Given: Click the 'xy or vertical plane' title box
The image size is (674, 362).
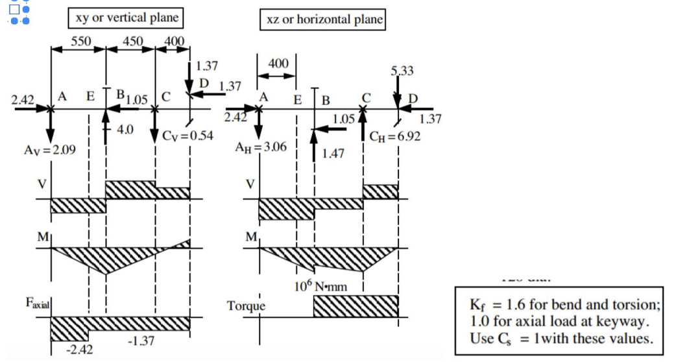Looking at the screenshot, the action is click(x=125, y=18).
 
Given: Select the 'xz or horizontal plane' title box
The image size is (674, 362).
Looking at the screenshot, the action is click(x=323, y=19).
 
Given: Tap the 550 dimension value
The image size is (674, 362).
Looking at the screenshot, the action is click(x=81, y=42).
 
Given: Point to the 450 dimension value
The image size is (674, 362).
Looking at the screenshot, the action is click(x=132, y=42).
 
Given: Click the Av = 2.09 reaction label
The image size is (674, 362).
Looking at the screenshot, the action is click(x=50, y=150).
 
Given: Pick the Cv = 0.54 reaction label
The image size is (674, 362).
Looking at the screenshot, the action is click(x=187, y=136).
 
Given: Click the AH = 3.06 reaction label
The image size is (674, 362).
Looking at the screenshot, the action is click(x=261, y=147).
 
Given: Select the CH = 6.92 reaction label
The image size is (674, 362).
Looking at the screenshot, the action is click(x=394, y=137).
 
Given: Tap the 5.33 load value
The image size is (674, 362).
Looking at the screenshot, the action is click(x=402, y=71).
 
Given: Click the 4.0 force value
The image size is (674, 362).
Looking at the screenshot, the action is click(x=125, y=129).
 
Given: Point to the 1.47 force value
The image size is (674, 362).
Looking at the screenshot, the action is click(x=333, y=154).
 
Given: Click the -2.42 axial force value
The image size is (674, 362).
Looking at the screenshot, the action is click(x=80, y=350).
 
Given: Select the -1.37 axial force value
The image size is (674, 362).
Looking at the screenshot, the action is click(x=141, y=341).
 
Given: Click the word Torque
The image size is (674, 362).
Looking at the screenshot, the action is click(x=247, y=306).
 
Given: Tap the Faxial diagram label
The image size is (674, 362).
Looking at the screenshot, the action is click(x=38, y=303).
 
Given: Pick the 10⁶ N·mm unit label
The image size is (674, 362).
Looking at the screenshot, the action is click(x=320, y=286).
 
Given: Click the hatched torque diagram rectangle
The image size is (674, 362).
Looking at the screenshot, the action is click(x=356, y=306).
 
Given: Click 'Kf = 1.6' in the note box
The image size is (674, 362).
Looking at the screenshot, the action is click(x=498, y=305).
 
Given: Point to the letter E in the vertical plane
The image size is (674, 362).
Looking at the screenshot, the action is click(x=90, y=96).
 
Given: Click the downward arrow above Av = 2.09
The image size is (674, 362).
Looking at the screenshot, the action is click(x=51, y=127).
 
